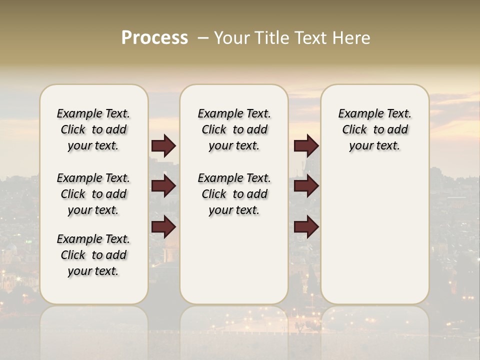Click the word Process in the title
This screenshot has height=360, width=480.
pyautogui.click(x=154, y=38)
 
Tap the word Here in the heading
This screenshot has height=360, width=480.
pyautogui.click(x=352, y=38)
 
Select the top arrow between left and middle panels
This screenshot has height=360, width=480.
pyautogui.click(x=163, y=145)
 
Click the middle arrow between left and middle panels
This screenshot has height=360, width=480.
pyautogui.click(x=163, y=186)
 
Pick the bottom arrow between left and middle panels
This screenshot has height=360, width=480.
pyautogui.click(x=163, y=227)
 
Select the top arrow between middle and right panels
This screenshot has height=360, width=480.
pyautogui.click(x=306, y=145)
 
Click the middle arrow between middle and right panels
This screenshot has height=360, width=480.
pyautogui.click(x=306, y=186)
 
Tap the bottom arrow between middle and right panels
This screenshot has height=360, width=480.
pyautogui.click(x=306, y=227)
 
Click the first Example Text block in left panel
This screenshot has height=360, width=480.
pyautogui.click(x=93, y=129)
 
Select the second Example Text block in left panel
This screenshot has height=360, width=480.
pyautogui.click(x=93, y=194)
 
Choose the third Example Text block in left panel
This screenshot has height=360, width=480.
pyautogui.click(x=93, y=255)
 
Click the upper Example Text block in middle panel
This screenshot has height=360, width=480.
pyautogui.click(x=234, y=129)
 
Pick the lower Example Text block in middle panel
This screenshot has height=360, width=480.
pyautogui.click(x=234, y=194)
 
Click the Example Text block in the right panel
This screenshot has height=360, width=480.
pyautogui.click(x=374, y=129)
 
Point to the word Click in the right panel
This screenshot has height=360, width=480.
pyautogui.click(x=354, y=129)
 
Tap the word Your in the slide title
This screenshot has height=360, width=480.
pyautogui.click(x=231, y=38)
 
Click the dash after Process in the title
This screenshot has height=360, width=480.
pyautogui.click(x=203, y=38)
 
